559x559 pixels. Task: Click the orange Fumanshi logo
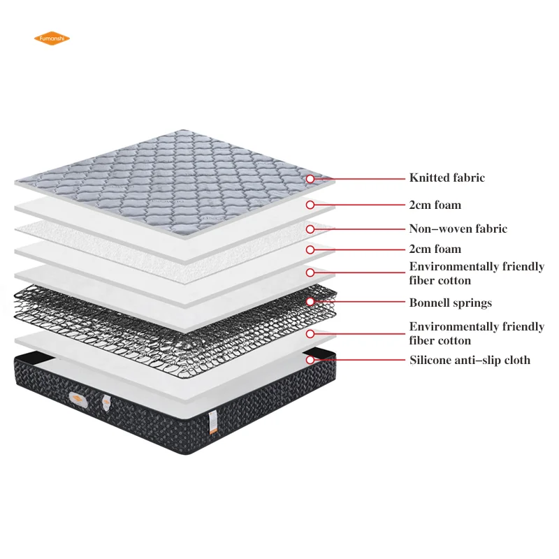pyautogui.click(x=52, y=38)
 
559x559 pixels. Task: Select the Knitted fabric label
pyautogui.click(x=447, y=178)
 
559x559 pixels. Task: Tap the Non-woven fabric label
pyautogui.click(x=458, y=228)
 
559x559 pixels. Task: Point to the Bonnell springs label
pyautogui.click(x=450, y=303)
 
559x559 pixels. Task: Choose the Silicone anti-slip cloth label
pyautogui.click(x=470, y=361)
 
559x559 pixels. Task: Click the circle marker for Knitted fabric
pyautogui.click(x=310, y=179)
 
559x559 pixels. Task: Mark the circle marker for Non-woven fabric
pyautogui.click(x=310, y=229)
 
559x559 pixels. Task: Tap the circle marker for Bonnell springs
pyautogui.click(x=310, y=303)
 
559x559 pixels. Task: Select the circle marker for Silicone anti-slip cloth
pyautogui.click(x=310, y=361)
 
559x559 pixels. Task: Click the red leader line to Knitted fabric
pyautogui.click(x=360, y=179)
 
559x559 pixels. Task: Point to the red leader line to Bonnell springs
pyautogui.click(x=360, y=303)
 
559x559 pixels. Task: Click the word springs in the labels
pyautogui.click(x=472, y=303)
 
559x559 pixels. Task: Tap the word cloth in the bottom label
pyautogui.click(x=516, y=361)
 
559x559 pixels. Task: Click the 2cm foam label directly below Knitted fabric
pyautogui.click(x=435, y=205)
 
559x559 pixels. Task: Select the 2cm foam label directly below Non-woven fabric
pyautogui.click(x=435, y=249)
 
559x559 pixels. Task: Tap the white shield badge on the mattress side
pyautogui.click(x=106, y=403)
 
